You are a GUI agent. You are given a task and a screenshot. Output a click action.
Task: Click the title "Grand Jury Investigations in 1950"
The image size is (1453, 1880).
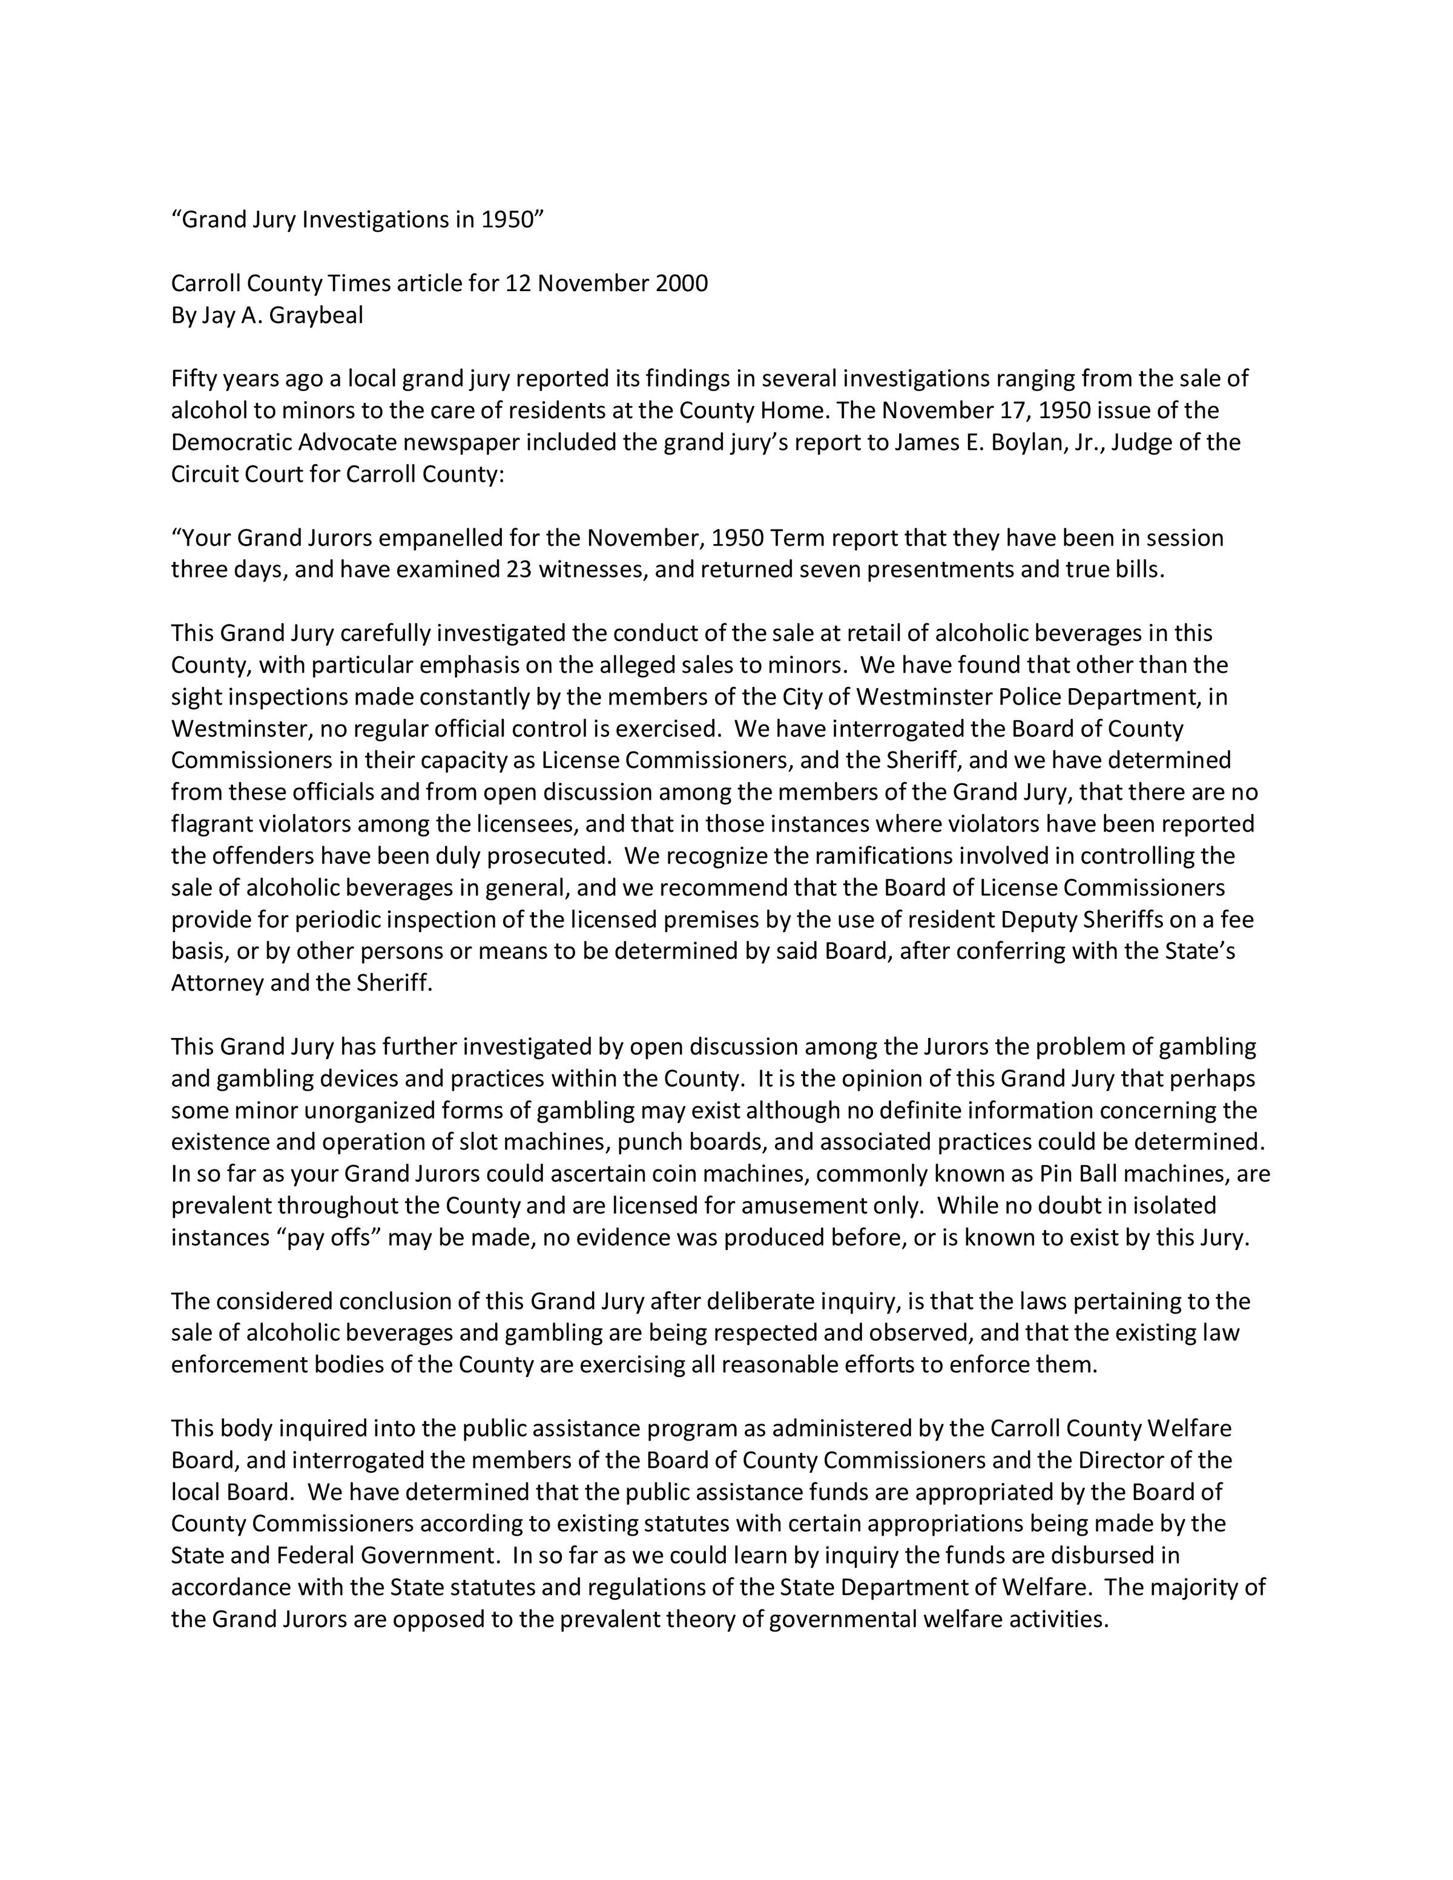(358, 220)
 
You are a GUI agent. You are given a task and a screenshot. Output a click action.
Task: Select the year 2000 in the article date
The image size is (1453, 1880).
(682, 283)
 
